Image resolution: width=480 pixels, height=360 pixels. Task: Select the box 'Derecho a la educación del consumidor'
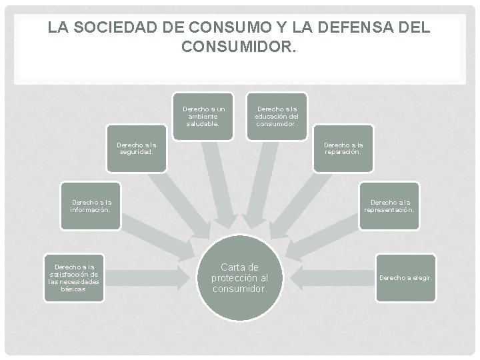click(x=277, y=115)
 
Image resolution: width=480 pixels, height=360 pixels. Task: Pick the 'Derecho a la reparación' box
click(x=343, y=147)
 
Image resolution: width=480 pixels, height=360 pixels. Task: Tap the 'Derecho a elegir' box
click(x=406, y=277)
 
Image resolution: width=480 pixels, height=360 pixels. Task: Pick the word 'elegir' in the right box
click(x=421, y=277)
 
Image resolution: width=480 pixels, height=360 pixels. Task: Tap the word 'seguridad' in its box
click(x=136, y=151)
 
